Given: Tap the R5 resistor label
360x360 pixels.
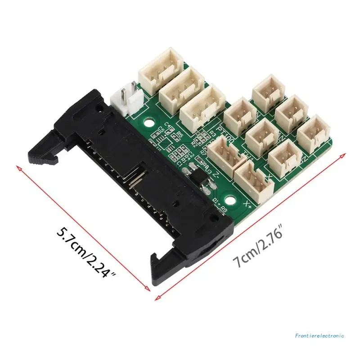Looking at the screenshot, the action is pyautogui.click(x=180, y=134).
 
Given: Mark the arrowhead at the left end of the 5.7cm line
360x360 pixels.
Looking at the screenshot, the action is pyautogui.click(x=18, y=167).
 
